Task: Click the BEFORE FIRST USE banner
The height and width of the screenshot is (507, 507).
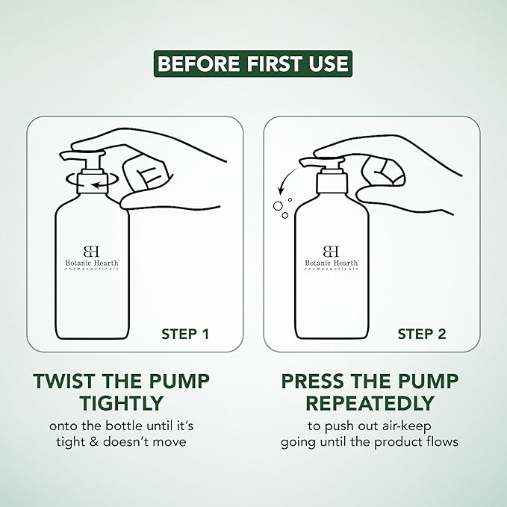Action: [x=253, y=63]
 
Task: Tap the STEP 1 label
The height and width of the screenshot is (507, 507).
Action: [x=185, y=334]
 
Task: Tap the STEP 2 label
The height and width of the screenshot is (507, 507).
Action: [x=422, y=334]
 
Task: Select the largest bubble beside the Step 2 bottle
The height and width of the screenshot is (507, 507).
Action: [x=278, y=205]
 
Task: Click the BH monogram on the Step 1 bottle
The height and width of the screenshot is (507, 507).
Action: [x=92, y=251]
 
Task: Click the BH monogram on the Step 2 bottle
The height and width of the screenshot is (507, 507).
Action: [x=331, y=251]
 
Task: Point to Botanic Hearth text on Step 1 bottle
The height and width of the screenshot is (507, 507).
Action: [x=92, y=263]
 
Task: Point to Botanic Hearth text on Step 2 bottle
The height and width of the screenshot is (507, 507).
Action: [x=332, y=263]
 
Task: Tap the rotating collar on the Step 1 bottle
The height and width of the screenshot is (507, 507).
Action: [x=92, y=184]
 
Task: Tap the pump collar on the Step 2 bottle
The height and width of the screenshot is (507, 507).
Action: [x=332, y=184]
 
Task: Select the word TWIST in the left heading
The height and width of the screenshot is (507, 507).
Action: [x=66, y=382]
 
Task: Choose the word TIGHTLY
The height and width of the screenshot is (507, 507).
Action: [x=122, y=403]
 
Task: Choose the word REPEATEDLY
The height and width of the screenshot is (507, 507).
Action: [x=370, y=403]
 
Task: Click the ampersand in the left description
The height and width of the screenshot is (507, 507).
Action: [x=94, y=442]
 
